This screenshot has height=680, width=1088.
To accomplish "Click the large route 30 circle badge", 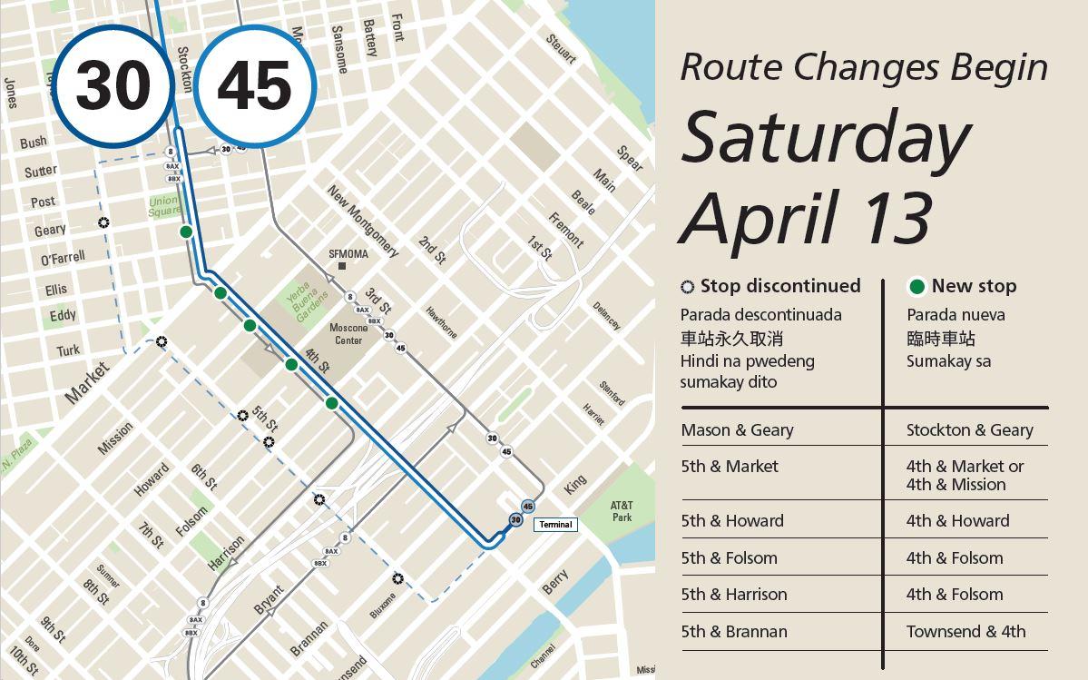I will (x=113, y=86).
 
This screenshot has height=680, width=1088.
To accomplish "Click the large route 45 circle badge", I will (x=254, y=86).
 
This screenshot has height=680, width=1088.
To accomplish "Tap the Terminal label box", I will (x=555, y=525).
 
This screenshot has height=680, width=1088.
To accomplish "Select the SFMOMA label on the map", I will (x=348, y=254).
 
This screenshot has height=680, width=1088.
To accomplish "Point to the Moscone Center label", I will (x=348, y=333).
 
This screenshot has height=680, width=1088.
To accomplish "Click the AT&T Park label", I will (x=622, y=511).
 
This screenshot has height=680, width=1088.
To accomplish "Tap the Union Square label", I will (x=164, y=206).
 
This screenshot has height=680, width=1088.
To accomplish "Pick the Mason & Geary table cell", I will (x=737, y=430).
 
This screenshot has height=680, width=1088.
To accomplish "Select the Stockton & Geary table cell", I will (x=969, y=430).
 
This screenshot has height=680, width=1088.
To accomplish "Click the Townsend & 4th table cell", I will (x=965, y=632).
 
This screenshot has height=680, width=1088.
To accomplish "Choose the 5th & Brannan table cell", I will (x=733, y=632).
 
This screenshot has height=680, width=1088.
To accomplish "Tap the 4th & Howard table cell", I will (x=957, y=521).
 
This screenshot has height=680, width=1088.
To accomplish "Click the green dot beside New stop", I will (x=916, y=287).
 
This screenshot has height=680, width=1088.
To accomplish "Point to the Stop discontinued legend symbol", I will (x=688, y=287).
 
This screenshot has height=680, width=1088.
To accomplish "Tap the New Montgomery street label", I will (x=363, y=222).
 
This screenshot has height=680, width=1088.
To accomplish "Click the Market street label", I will (x=88, y=382).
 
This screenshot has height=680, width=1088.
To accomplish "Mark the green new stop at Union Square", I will (x=186, y=232).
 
